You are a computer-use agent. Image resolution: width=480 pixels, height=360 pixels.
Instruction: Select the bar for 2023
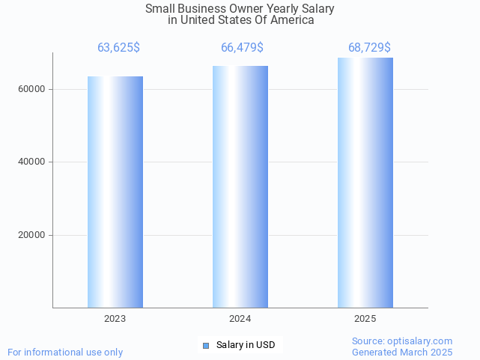tap(115, 192)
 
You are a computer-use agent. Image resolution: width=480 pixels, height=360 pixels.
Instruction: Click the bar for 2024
tap(240, 186)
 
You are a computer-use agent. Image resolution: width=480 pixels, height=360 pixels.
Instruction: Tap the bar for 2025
tap(365, 183)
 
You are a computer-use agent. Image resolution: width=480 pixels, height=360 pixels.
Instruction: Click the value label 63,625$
tap(118, 48)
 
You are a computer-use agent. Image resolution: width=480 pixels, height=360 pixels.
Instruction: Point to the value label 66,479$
tap(242, 48)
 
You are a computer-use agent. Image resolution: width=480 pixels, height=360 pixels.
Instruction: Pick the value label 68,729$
tap(369, 48)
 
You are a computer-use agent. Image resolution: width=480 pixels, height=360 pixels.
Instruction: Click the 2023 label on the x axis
tap(115, 319)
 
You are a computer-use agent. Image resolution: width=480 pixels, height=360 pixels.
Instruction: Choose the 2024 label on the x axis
tap(240, 319)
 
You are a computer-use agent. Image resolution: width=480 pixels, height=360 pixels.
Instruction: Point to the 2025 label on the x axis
tap(365, 319)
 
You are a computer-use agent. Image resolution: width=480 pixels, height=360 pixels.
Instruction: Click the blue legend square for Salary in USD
tap(206, 345)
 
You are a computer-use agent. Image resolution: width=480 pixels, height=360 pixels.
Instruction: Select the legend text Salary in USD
tap(246, 345)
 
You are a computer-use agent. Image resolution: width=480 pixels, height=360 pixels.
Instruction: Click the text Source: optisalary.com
tap(402, 341)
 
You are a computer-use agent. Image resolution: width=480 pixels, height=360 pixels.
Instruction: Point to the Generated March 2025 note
tap(402, 352)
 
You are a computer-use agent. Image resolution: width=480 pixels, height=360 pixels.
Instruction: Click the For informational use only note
tap(65, 352)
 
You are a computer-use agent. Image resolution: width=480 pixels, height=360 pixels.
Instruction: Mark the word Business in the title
tap(201, 9)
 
